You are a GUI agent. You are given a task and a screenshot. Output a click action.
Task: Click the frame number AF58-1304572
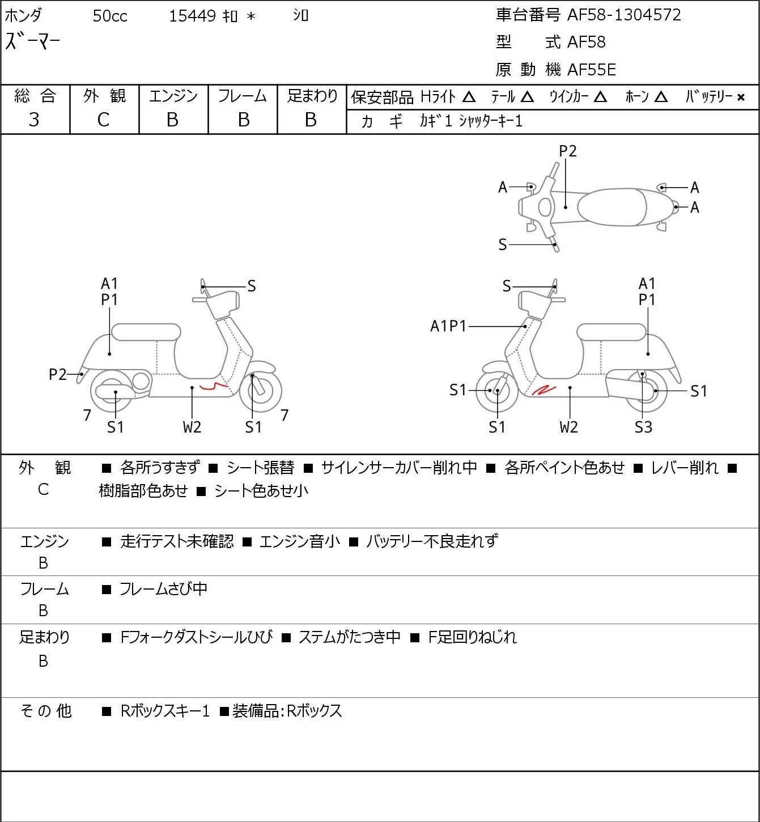[x=624, y=15]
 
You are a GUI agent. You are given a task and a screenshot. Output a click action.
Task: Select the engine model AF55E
[x=592, y=70]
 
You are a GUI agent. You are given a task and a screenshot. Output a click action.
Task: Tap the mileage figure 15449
[x=193, y=16]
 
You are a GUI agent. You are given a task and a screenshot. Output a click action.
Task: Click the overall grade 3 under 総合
[x=34, y=120]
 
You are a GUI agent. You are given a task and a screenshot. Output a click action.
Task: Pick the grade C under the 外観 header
[x=104, y=120]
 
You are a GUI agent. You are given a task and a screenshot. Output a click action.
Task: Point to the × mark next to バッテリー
[x=741, y=98]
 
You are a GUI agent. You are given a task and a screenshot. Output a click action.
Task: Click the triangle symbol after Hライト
[x=469, y=97]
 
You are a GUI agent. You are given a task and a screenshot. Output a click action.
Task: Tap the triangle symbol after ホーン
[x=661, y=97]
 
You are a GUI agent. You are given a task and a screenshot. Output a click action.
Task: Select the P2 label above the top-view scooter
[x=567, y=151]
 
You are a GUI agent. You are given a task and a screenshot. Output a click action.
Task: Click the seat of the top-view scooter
[x=612, y=207]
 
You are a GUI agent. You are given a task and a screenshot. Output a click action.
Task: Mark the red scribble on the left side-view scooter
[x=214, y=387]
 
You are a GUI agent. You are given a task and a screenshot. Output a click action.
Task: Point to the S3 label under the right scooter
[x=643, y=427]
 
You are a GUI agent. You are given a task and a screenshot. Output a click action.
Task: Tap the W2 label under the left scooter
[x=192, y=427]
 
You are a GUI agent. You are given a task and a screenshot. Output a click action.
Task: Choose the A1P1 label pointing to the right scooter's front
[x=448, y=327]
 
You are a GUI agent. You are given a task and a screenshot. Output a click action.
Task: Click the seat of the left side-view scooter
[x=146, y=332]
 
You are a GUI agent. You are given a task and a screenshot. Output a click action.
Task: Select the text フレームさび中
[x=164, y=589]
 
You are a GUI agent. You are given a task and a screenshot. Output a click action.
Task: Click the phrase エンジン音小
[x=300, y=541]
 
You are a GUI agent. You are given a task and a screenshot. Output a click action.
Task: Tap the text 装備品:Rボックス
[x=287, y=711]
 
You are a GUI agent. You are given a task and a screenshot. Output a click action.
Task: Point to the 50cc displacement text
[x=110, y=16]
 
